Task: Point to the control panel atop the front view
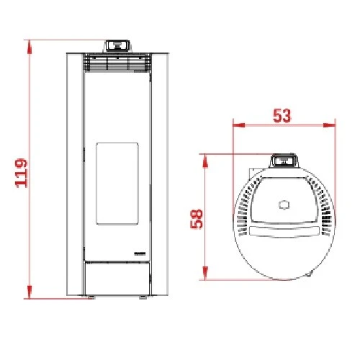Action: pos(117,45)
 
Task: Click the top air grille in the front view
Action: pos(117,63)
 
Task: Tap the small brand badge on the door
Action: pos(140,253)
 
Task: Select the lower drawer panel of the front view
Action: pos(117,276)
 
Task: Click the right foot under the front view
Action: pos(144,296)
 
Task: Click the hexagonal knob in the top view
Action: pos(283,204)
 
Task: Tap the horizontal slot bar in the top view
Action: pos(283,232)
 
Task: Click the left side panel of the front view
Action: pos(75,173)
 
